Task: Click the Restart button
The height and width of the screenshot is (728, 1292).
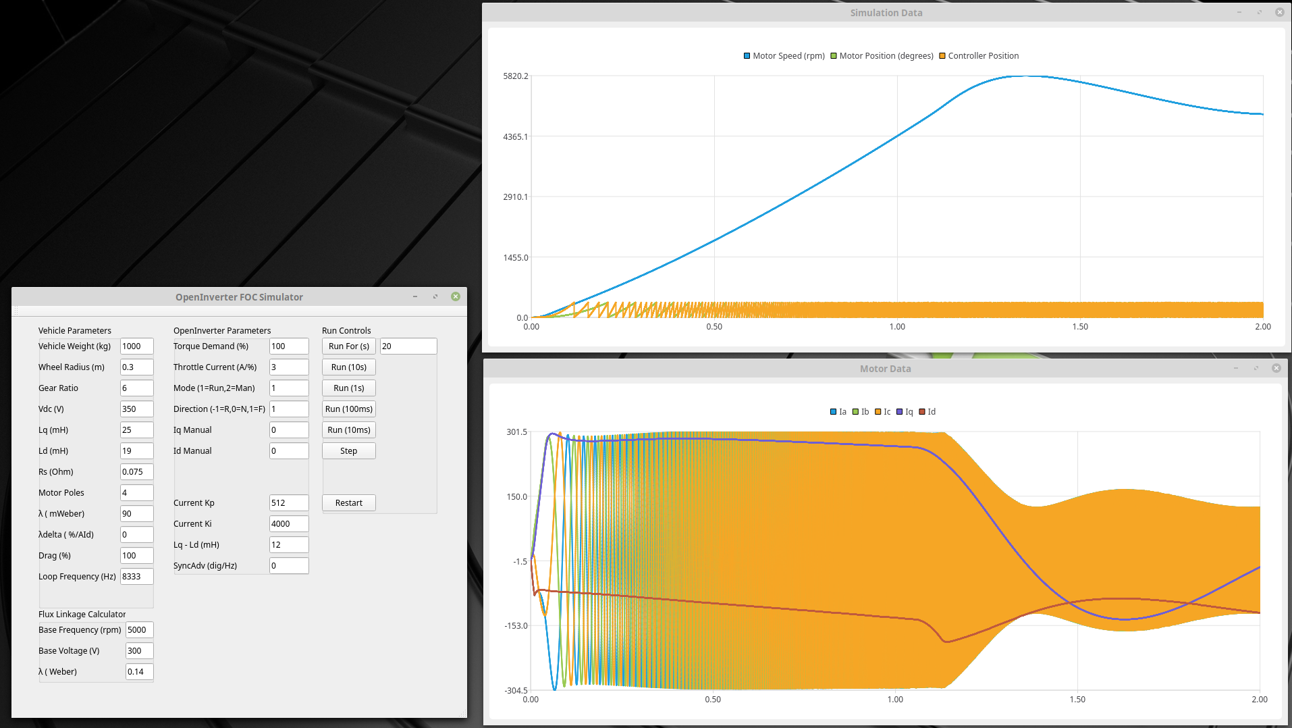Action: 348,503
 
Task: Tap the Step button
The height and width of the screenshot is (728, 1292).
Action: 348,451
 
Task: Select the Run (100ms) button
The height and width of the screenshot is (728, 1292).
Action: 348,409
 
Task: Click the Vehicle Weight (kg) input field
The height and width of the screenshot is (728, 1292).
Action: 136,346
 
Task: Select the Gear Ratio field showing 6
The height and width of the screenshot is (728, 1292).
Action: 136,388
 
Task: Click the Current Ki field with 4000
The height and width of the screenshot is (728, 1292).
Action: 288,524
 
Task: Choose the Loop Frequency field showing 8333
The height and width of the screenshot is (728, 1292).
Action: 136,577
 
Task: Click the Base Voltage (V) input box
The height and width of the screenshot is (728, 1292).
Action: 139,651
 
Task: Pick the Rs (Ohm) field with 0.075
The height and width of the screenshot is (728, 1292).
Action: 136,472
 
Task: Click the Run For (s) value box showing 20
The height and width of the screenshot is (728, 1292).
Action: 408,346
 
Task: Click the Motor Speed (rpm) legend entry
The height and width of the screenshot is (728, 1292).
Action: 784,56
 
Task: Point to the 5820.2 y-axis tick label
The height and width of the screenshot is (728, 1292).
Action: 516,76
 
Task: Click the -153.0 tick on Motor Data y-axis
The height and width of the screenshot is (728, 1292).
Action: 516,626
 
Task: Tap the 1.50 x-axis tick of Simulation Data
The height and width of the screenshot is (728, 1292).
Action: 1080,327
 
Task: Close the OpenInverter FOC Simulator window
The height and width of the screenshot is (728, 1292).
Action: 456,296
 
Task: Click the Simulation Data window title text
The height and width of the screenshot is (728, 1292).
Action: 886,13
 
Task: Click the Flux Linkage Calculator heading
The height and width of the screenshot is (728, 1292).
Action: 82,615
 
